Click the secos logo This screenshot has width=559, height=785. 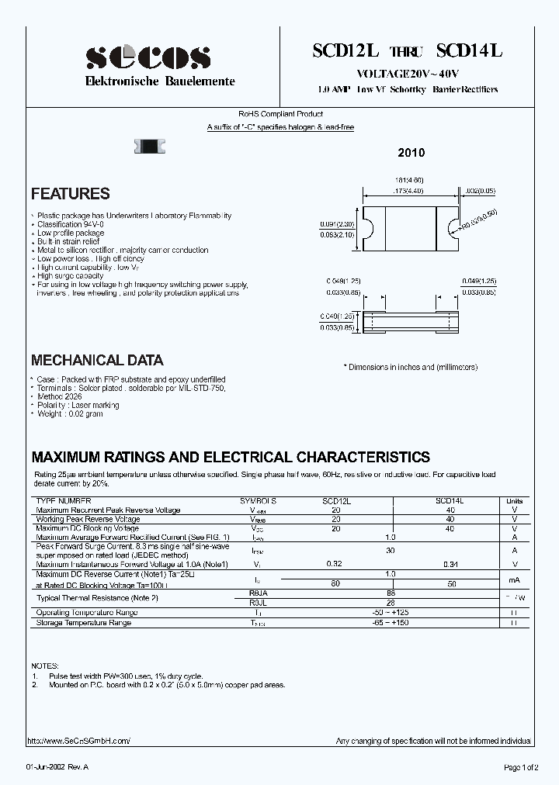pos(147,57)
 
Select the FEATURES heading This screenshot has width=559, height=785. pos(71,194)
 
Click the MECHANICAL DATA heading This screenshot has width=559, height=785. pos(97,360)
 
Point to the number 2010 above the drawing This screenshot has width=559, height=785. pos(411,154)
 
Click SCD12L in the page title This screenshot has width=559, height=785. pos(345,51)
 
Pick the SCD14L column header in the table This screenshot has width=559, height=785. pos(450,502)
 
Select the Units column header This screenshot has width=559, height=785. pos(515,502)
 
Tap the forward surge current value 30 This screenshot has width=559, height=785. pos(391,550)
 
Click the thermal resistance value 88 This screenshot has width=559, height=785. pos(391,593)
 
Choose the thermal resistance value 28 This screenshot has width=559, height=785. pos(391,602)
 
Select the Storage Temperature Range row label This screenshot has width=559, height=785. pos(84,622)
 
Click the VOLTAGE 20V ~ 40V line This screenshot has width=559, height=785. pos(408,74)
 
